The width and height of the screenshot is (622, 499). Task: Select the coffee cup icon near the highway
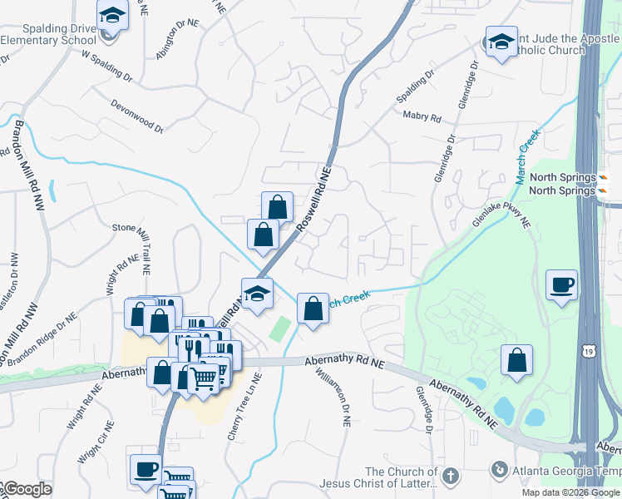[562, 285]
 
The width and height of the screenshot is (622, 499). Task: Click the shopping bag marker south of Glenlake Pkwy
[516, 360]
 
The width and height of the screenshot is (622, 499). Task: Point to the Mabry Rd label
[422, 117]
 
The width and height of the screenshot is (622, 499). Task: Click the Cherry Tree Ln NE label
[244, 407]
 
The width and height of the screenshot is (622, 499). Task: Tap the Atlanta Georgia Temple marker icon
[498, 469]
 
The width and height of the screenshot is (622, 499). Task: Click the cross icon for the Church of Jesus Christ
[450, 477]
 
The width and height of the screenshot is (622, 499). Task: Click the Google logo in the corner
[27, 489]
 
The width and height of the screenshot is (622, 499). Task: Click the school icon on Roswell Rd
[257, 294]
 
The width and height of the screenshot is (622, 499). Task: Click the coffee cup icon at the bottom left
[146, 469]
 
